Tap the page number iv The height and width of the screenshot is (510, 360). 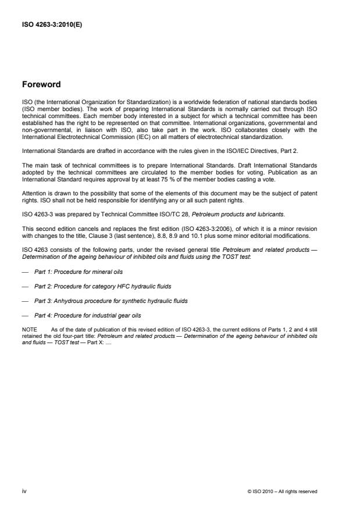(x=24, y=491)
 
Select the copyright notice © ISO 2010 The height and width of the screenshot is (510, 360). (x=282, y=491)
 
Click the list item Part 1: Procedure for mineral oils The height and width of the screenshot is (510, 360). (x=79, y=272)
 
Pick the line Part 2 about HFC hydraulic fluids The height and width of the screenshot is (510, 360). (x=94, y=286)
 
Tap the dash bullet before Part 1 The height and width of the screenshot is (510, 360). (x=24, y=272)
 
